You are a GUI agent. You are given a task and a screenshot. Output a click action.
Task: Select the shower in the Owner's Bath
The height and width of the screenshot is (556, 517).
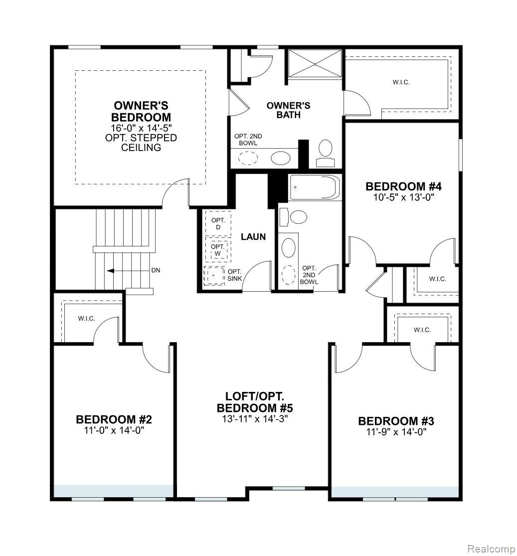tap(316, 64)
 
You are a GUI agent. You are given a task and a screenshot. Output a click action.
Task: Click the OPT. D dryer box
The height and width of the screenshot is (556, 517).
tap(218, 224)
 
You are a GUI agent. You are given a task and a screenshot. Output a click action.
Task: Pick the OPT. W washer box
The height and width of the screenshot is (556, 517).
tap(218, 250)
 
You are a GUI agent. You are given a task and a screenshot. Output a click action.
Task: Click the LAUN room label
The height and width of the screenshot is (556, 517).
tap(253, 237)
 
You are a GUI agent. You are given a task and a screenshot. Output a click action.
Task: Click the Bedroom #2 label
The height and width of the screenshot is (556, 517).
tap(114, 419)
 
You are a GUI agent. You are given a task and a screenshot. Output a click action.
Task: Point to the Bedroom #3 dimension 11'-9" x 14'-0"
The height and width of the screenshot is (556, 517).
tap(396, 432)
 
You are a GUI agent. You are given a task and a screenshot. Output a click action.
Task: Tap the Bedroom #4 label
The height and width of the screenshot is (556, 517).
tap(403, 186)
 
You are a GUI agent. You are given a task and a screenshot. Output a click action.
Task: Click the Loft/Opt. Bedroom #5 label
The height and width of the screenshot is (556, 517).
tap(255, 402)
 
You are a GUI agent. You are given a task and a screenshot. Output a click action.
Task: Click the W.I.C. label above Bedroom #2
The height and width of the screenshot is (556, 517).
tap(86, 319)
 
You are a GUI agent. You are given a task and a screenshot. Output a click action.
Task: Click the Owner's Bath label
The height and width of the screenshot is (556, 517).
tap(288, 110)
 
